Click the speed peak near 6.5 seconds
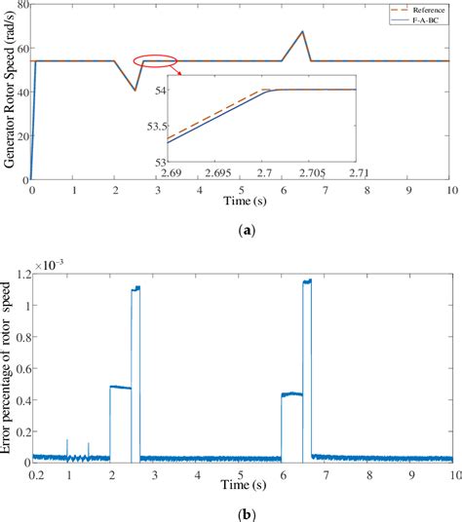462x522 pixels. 303,32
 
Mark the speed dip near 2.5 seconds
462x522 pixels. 135,91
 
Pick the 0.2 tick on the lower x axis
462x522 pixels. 36,475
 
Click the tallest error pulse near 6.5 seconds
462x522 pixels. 307,281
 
